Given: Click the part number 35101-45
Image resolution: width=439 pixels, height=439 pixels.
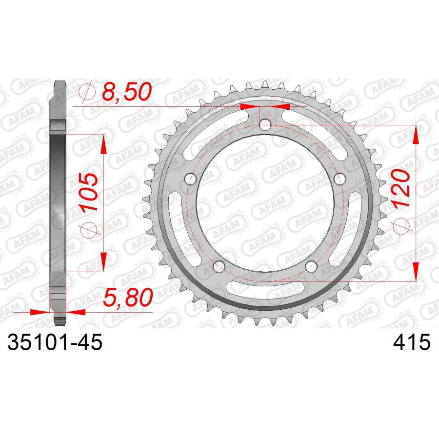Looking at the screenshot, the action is (55, 342).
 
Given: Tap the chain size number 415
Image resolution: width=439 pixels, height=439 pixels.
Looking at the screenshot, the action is (412, 342).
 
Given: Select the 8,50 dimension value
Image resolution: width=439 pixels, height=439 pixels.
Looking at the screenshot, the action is (126, 92).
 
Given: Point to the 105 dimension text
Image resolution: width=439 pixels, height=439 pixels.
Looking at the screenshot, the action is (88, 192).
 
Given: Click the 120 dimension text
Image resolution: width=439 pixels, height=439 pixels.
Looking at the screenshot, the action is (400, 188).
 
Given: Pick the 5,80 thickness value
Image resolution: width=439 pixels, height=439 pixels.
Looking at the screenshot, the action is (128, 298).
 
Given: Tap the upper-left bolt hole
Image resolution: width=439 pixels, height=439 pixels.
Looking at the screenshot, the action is (191, 179).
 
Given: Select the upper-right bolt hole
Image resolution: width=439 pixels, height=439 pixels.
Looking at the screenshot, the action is (340, 179).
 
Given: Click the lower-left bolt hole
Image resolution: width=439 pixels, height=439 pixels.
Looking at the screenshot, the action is (219, 266).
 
